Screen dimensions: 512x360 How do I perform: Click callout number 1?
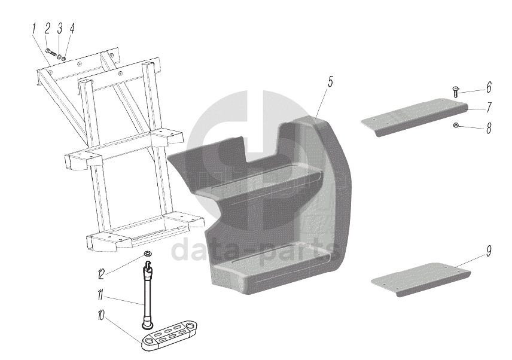[35, 28]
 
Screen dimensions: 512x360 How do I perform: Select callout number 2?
[48, 28]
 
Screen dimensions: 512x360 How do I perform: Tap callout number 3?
[60, 28]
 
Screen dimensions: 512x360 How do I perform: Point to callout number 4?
[72, 28]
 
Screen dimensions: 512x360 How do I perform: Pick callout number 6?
[488, 88]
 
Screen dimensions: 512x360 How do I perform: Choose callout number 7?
[488, 108]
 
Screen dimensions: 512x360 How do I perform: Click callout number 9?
[488, 251]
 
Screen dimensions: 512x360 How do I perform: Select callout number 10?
[101, 314]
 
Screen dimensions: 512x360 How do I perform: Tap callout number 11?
[101, 294]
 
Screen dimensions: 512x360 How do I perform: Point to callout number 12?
[101, 274]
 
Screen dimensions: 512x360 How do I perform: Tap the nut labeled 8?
[456, 125]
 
